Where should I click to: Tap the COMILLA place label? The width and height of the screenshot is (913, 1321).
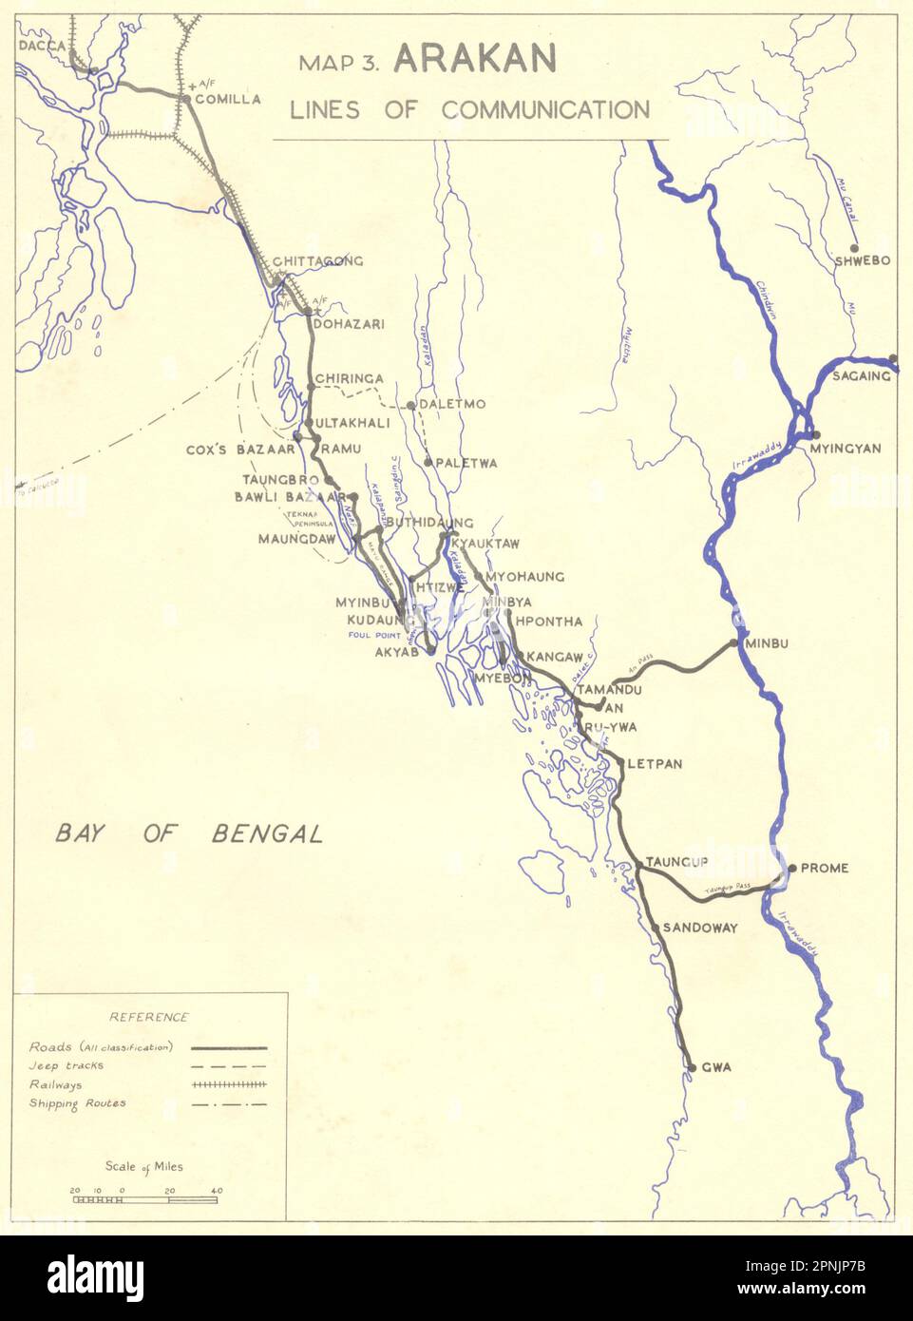coord(228,98)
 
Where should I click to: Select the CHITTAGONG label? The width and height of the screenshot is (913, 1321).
coord(317,261)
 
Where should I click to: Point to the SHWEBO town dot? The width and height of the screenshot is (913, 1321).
coord(854,248)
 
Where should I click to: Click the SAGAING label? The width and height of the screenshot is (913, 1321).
coord(862,375)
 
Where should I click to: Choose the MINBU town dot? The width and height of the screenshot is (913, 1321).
coord(735,643)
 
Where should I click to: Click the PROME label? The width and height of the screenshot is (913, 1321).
coord(825,868)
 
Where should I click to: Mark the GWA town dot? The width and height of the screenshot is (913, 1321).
coord(692,1067)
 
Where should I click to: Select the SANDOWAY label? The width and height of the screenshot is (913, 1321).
coord(700,928)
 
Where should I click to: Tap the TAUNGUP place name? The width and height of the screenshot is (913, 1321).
coord(676,862)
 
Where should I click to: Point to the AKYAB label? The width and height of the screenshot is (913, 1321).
coord(397,652)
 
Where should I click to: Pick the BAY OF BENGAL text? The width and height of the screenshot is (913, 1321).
coord(189,834)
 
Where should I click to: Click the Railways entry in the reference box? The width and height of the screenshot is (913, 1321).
coord(55,1084)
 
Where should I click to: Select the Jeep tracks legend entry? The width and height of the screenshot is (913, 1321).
coord(67,1065)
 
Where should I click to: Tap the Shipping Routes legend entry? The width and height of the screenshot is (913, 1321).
coord(77,1103)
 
